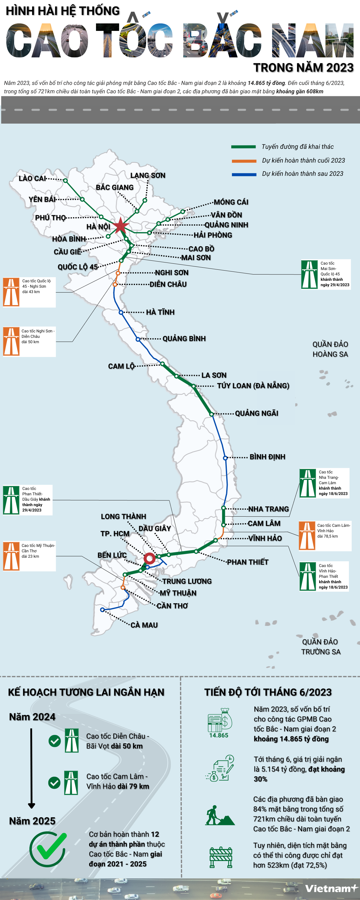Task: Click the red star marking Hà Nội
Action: pyautogui.click(x=120, y=226)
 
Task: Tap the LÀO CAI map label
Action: pyautogui.click(x=32, y=178)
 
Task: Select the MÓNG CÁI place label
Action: pyautogui.click(x=231, y=202)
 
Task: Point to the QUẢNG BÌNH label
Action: pyautogui.click(x=184, y=338)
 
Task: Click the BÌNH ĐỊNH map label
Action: pyautogui.click(x=267, y=457)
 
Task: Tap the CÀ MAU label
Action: pyautogui.click(x=144, y=625)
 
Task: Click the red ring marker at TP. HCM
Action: pyautogui.click(x=150, y=558)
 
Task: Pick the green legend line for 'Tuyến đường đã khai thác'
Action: pyautogui.click(x=243, y=147)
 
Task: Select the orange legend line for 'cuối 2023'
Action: pyautogui.click(x=244, y=161)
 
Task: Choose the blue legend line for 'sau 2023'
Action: pyautogui.click(x=244, y=174)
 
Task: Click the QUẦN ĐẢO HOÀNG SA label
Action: pyautogui.click(x=330, y=349)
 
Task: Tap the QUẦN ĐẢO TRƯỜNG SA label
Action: pyautogui.click(x=320, y=647)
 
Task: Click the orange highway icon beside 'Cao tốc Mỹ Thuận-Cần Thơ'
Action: pyautogui.click(x=11, y=556)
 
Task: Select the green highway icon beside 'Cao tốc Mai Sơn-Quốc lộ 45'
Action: pyautogui.click(x=309, y=274)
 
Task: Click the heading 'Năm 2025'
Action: pyautogui.click(x=32, y=821)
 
